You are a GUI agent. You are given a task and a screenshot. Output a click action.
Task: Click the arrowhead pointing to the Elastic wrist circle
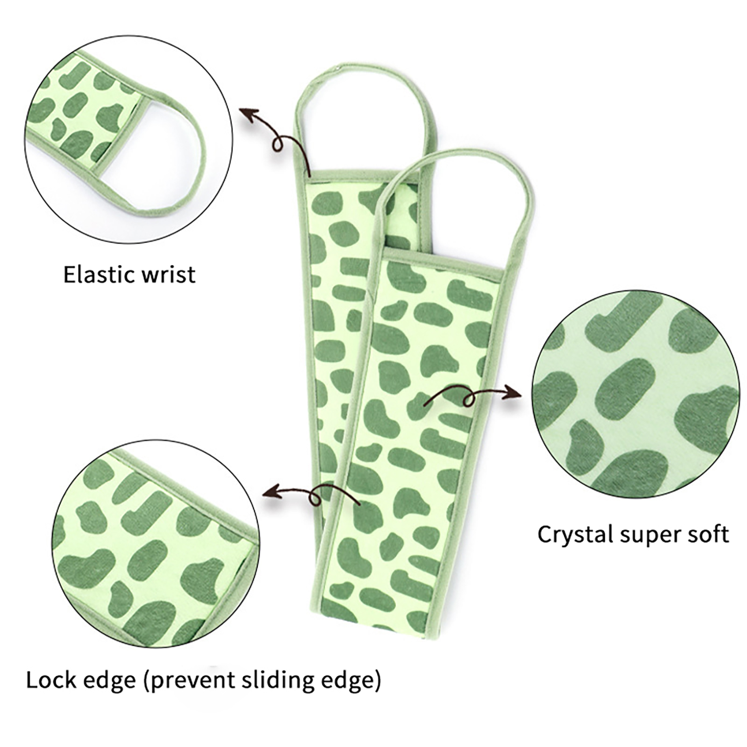point(248,113)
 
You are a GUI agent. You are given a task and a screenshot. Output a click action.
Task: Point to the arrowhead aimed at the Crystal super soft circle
point(514,393)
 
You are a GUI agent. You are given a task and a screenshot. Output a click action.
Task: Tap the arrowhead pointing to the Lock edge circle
point(272,491)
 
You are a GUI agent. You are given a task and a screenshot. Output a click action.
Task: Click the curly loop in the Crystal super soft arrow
point(469,399)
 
